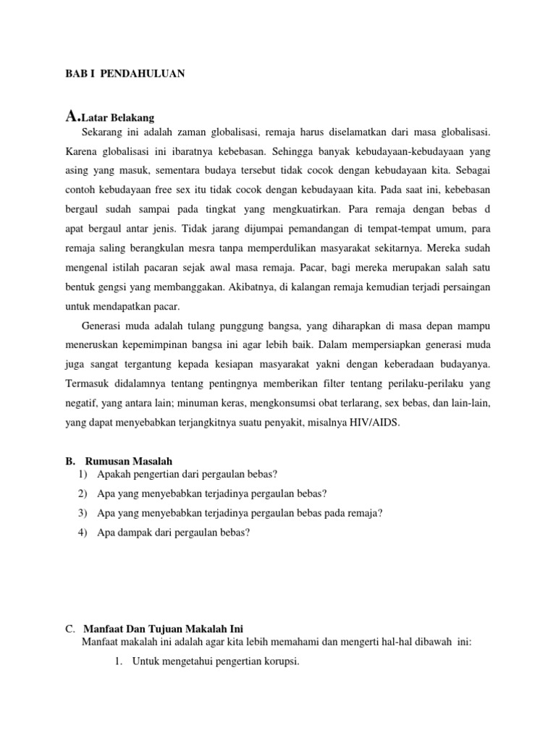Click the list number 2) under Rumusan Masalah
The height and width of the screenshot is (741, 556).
(x=82, y=494)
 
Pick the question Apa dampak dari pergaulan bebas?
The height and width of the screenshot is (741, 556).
(x=173, y=533)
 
